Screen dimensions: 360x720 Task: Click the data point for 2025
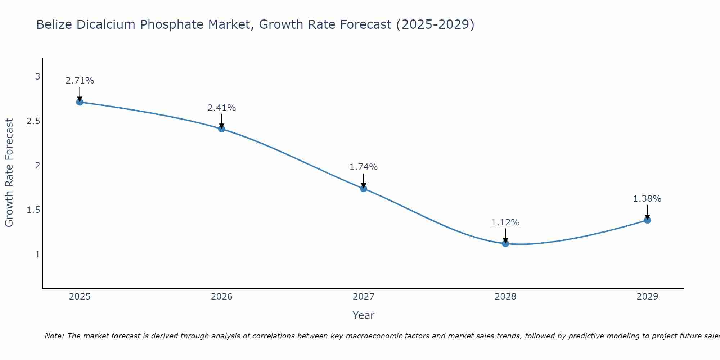80,102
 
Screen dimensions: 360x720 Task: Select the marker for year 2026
222,129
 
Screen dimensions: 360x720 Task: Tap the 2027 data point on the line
364,188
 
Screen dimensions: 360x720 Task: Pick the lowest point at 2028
505,243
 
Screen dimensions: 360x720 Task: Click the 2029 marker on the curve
647,220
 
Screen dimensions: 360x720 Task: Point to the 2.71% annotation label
80,81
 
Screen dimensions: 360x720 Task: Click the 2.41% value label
222,108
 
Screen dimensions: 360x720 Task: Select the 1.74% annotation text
364,167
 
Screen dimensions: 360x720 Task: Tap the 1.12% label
505,222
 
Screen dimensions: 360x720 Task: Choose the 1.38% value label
647,199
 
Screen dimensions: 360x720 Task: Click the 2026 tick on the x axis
222,297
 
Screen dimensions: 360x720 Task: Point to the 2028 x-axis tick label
505,297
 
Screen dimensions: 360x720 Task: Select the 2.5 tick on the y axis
33,121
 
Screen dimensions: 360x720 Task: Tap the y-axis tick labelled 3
37,77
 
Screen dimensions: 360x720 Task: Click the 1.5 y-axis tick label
33,210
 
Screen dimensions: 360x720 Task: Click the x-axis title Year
364,315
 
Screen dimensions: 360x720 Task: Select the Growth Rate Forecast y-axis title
9,173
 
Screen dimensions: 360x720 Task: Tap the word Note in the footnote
54,336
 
